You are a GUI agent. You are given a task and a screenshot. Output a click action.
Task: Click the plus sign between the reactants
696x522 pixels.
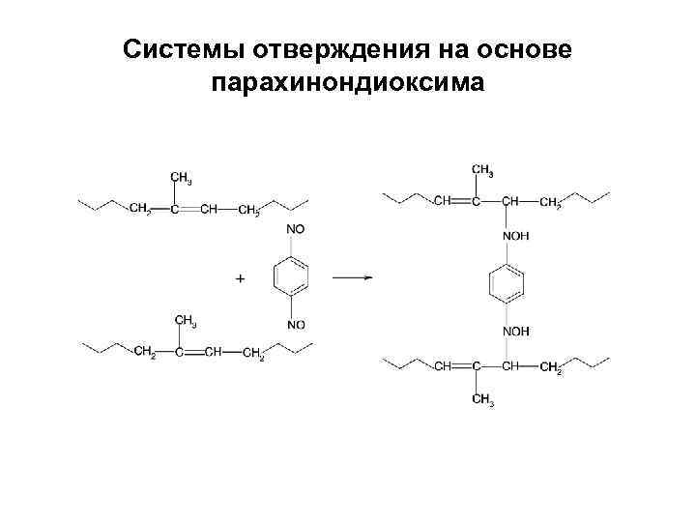(240, 278)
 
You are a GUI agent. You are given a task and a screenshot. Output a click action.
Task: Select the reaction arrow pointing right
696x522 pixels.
(352, 277)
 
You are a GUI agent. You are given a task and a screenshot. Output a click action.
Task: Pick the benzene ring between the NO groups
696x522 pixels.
(294, 277)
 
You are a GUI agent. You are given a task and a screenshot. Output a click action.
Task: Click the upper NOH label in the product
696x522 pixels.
(515, 235)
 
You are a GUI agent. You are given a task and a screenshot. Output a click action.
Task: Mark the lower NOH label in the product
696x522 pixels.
(515, 332)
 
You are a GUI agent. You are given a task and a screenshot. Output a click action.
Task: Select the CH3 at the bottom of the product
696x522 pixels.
(482, 401)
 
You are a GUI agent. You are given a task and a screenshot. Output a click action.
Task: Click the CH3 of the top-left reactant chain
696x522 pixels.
(181, 178)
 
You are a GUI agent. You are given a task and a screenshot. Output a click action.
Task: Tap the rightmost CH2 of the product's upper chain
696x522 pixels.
(551, 203)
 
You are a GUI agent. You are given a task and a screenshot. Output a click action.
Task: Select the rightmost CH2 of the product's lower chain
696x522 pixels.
(551, 368)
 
